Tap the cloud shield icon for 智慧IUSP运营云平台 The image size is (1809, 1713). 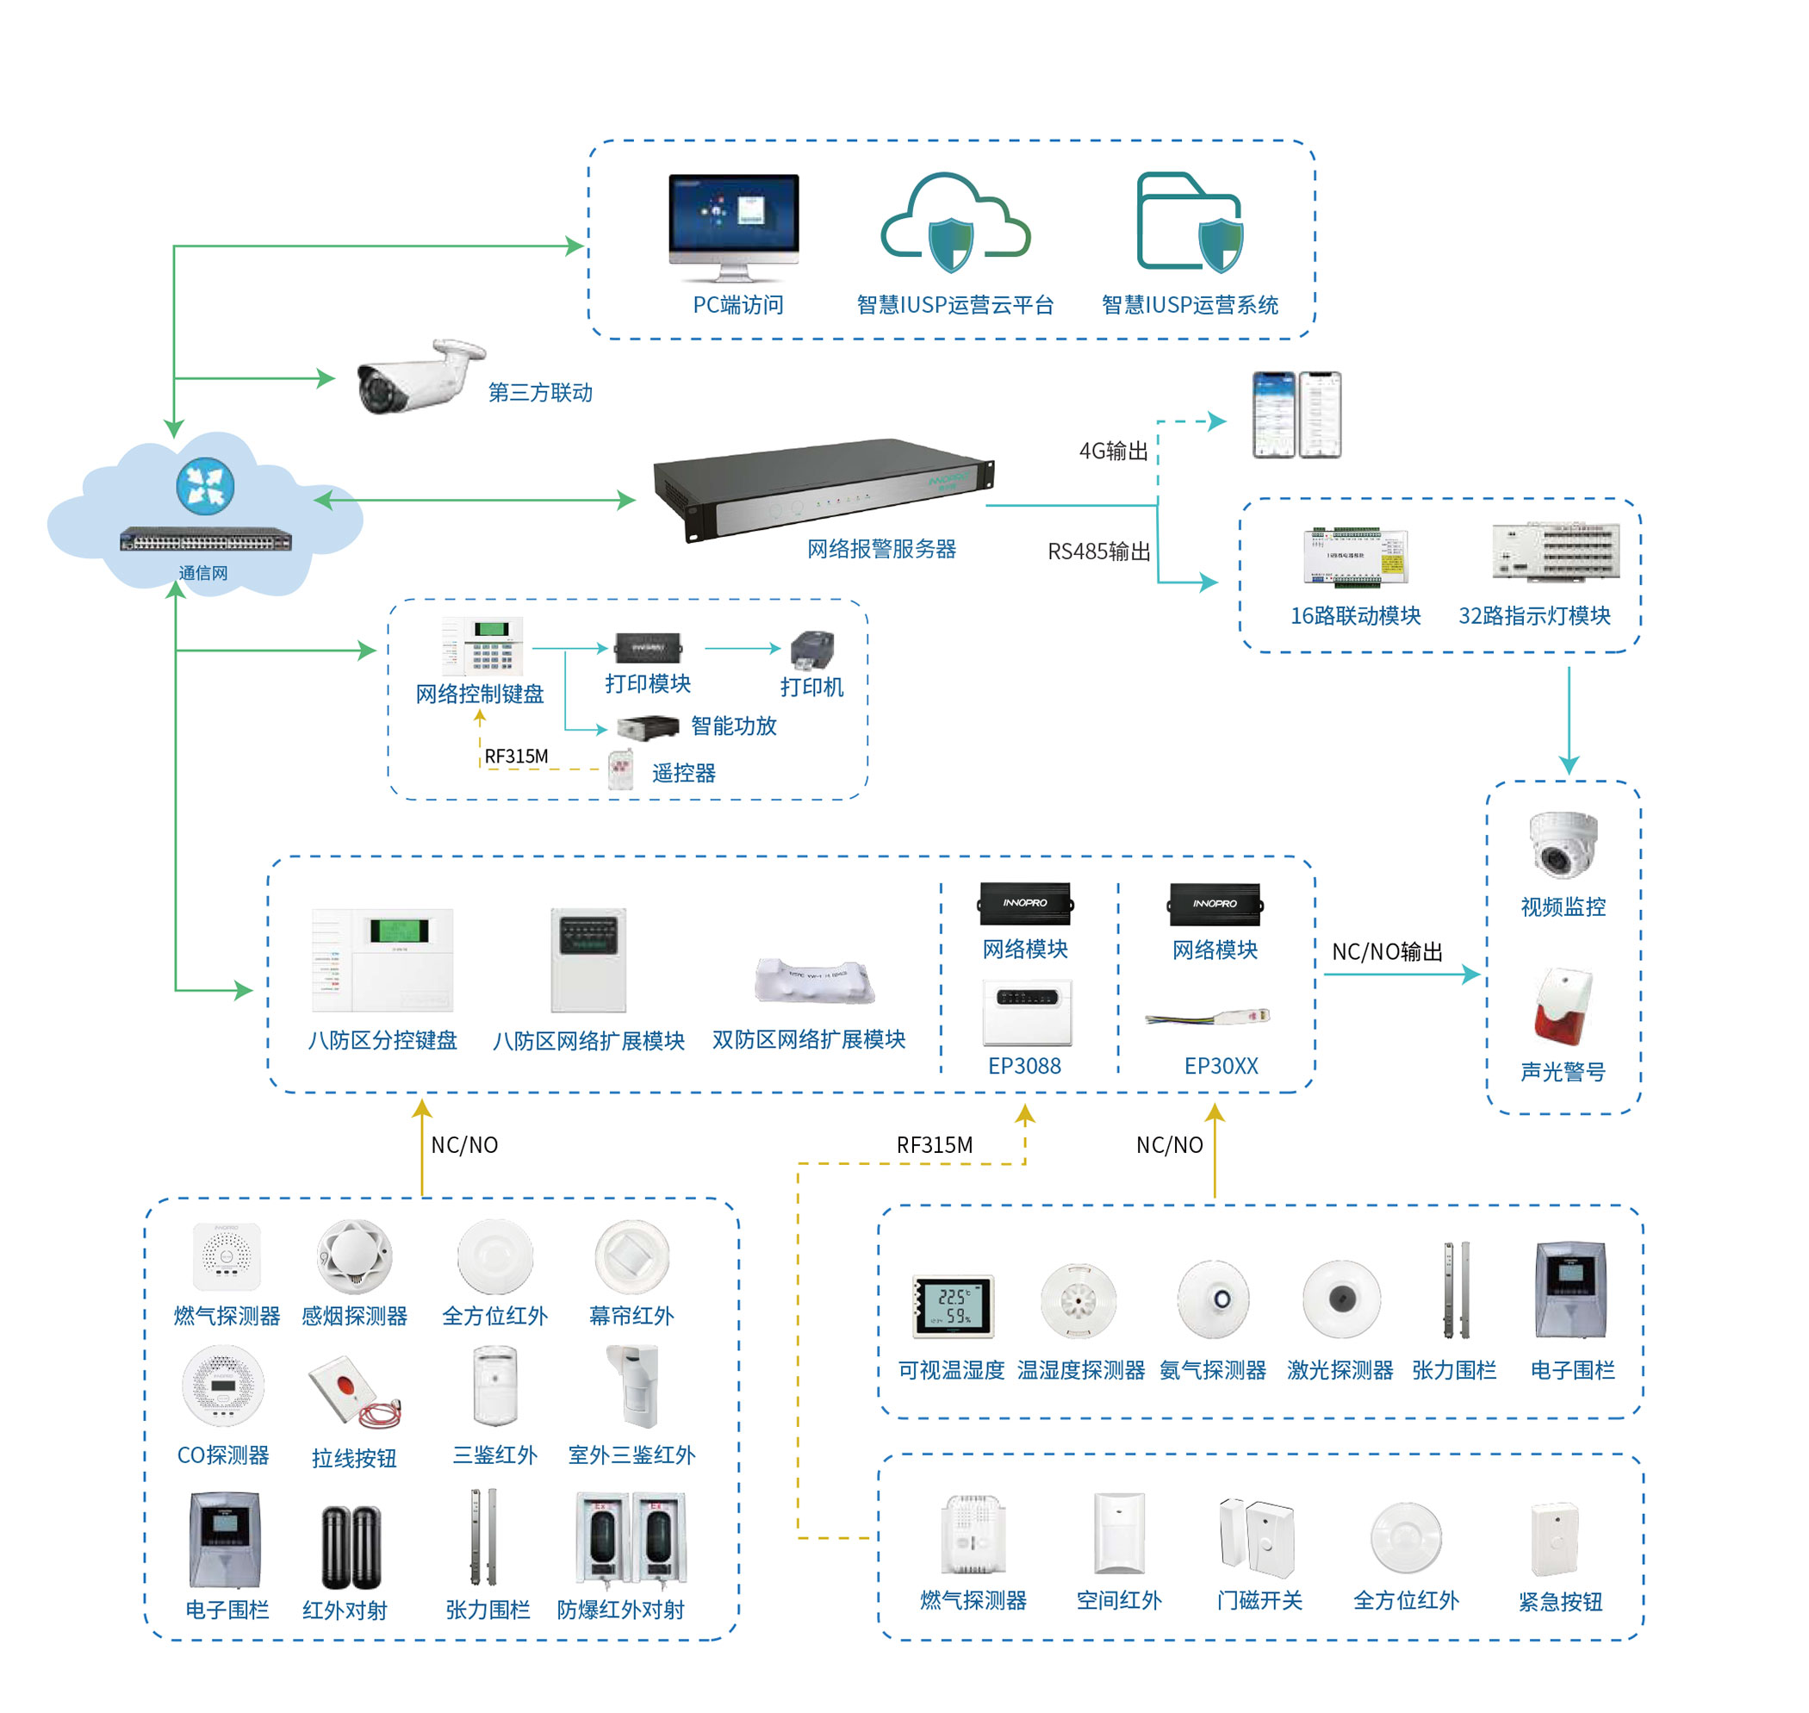pyautogui.click(x=954, y=226)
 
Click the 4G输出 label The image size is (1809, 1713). pyautogui.click(x=1113, y=451)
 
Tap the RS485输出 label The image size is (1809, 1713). pyautogui.click(x=1098, y=551)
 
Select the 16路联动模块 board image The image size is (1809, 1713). pyautogui.click(x=1355, y=555)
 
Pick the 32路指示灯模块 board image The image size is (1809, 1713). pyautogui.click(x=1555, y=551)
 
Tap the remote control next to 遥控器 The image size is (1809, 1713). pyautogui.click(x=620, y=769)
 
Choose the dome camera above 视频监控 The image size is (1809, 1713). pyautogui.click(x=1563, y=843)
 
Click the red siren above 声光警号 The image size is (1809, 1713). pyautogui.click(x=1563, y=1008)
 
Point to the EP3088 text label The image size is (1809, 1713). pyautogui.click(x=1024, y=1066)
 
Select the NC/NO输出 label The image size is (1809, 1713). pyautogui.click(x=1386, y=951)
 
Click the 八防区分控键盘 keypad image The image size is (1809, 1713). pyautogui.click(x=382, y=960)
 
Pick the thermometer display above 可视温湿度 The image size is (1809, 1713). pyautogui.click(x=952, y=1306)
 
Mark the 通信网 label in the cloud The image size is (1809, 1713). pyautogui.click(x=202, y=572)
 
